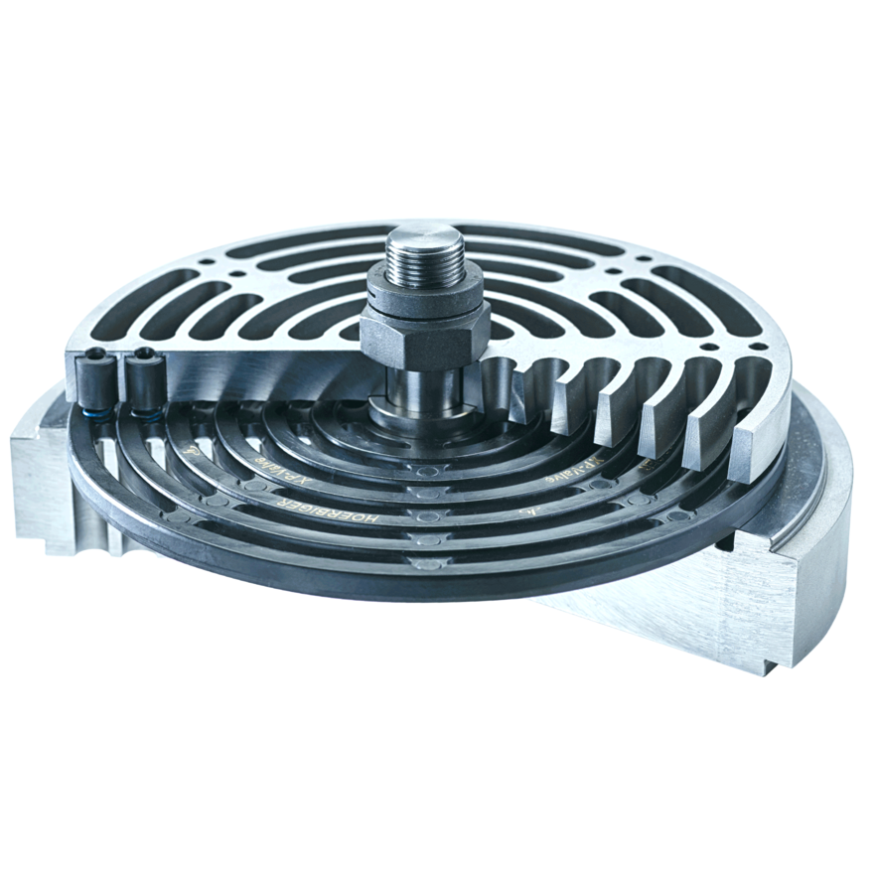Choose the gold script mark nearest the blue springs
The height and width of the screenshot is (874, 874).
coord(188,450)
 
